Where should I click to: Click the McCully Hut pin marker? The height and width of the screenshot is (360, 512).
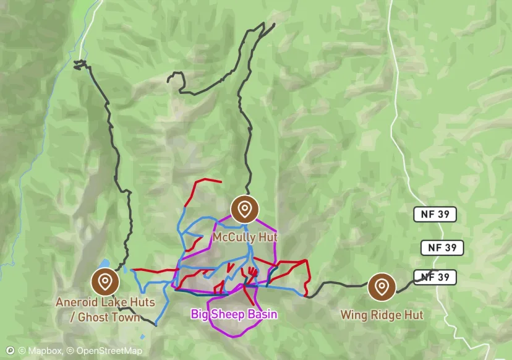244,209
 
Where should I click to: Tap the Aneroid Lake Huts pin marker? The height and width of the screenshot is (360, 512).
105,282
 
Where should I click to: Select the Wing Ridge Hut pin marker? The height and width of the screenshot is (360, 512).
382,286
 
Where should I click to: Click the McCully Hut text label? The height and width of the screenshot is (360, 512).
245,238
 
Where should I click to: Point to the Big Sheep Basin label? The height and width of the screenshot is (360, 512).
234,314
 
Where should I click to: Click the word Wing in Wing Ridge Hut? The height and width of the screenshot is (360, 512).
352,315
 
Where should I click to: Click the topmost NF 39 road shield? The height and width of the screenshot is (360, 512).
435,215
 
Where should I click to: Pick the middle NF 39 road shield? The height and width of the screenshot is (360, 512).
442,248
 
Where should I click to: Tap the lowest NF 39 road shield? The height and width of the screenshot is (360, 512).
435,277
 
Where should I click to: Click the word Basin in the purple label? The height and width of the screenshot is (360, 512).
262,314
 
